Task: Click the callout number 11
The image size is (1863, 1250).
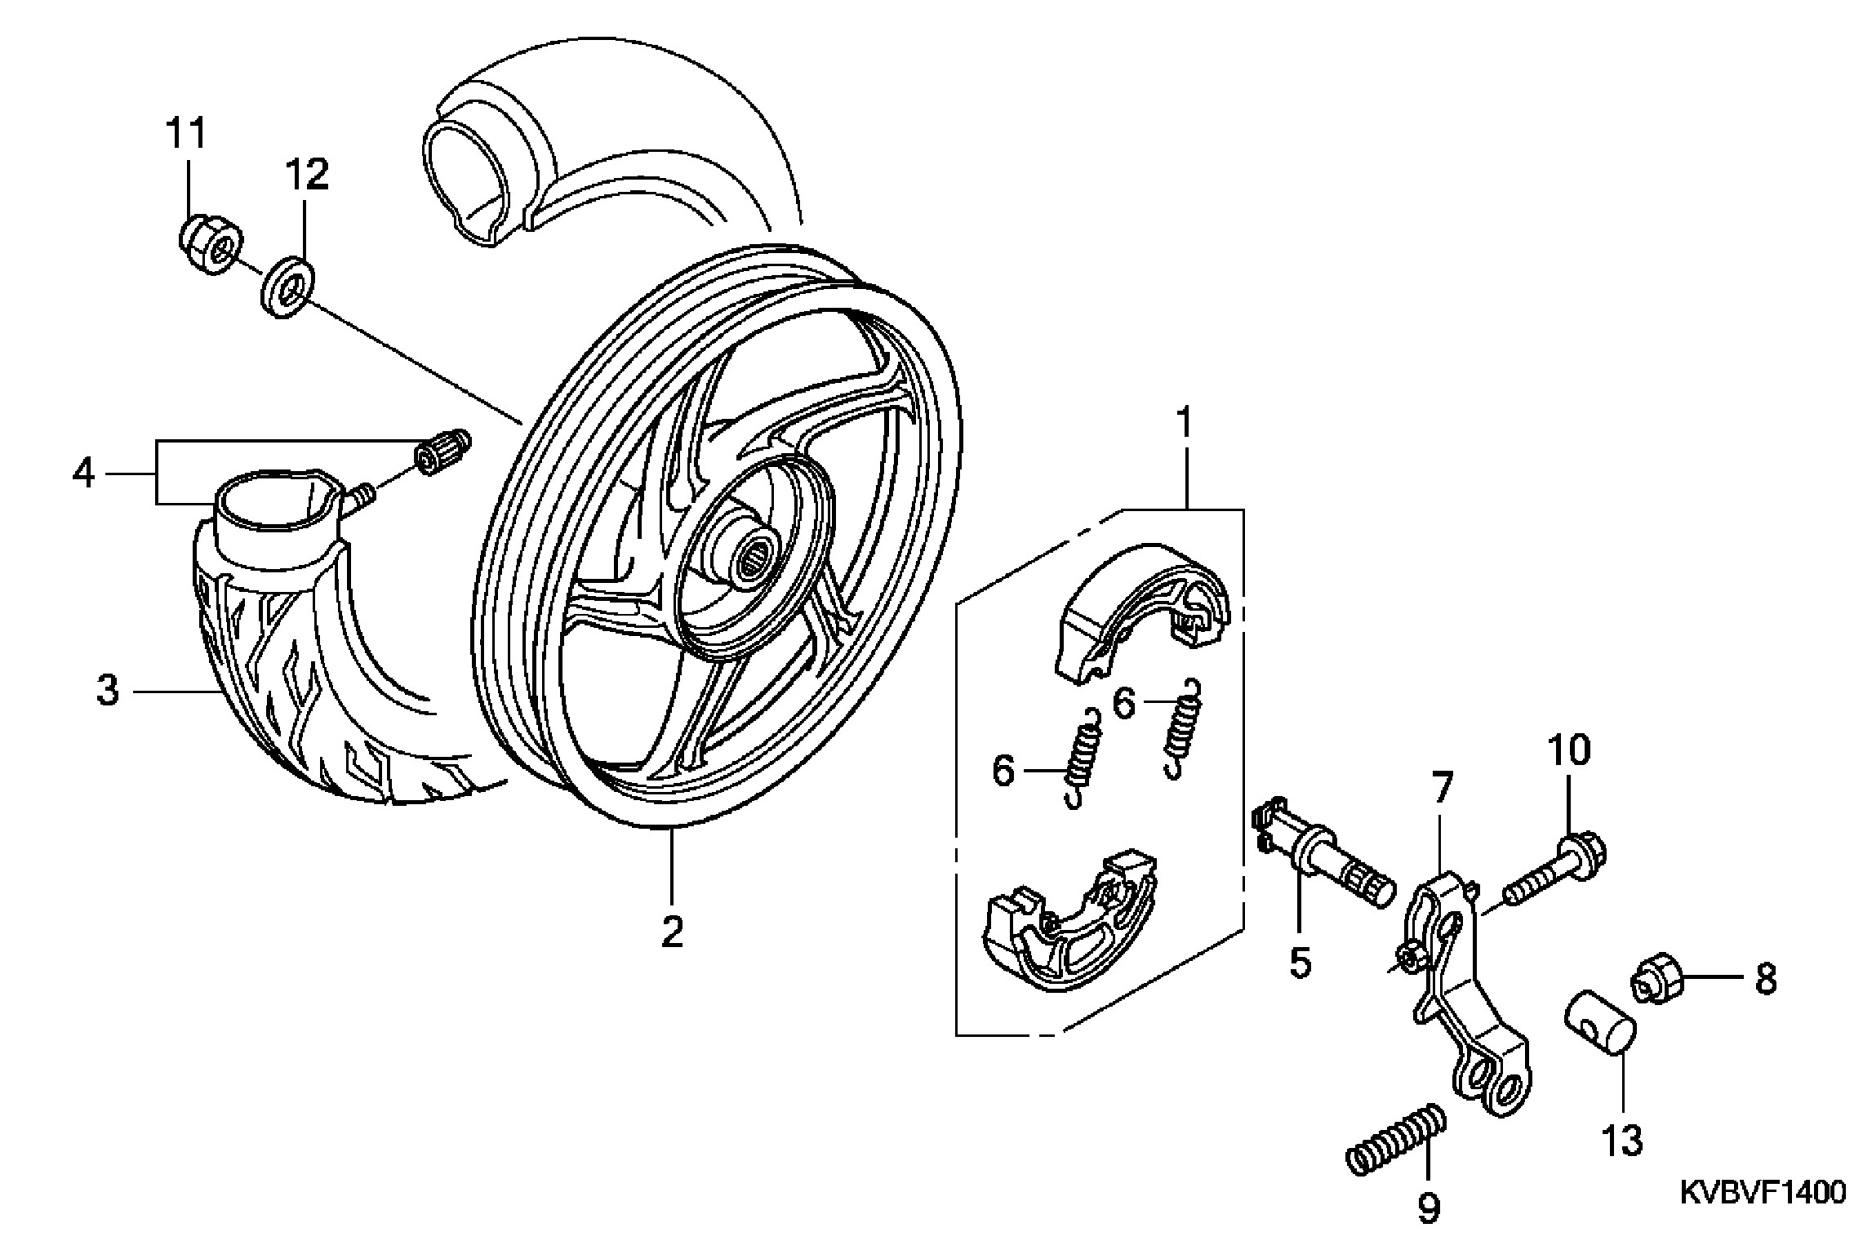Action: (187, 133)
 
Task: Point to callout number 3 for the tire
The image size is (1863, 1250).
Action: (108, 691)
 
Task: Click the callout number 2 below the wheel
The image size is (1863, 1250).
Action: (671, 932)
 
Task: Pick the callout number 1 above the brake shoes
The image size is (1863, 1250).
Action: (1184, 425)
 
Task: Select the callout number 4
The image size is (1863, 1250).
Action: (84, 473)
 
